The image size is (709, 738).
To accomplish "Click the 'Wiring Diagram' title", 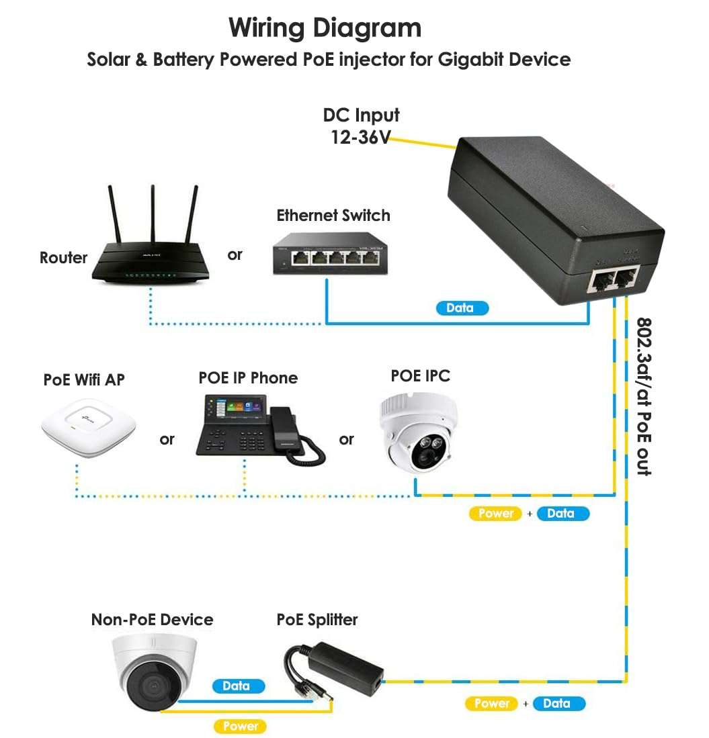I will click(x=325, y=28).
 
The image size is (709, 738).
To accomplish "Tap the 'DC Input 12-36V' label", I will click(x=361, y=126).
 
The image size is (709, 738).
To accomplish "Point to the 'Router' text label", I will click(x=63, y=258).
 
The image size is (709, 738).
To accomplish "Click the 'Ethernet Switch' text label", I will click(x=333, y=216).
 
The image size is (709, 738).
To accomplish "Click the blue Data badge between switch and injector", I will click(x=460, y=308).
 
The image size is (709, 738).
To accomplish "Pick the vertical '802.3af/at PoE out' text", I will click(x=644, y=396).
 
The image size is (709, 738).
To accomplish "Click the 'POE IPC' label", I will click(x=420, y=376).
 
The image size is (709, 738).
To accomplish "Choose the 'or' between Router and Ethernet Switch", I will click(x=235, y=255).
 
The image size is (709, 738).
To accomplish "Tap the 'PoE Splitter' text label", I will click(x=317, y=619).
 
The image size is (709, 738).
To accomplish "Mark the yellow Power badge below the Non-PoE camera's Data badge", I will click(x=240, y=726).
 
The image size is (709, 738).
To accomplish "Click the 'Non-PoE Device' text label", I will click(x=152, y=619).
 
